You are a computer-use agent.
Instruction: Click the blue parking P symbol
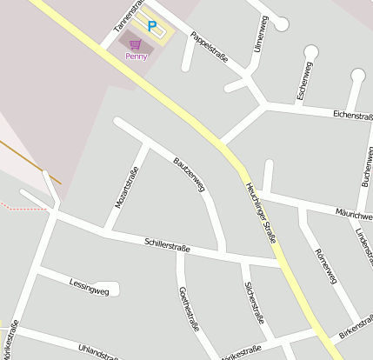click(152, 27)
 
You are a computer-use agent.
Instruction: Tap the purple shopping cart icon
click(135, 43)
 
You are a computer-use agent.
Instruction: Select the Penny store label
click(137, 57)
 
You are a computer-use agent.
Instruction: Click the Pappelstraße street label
click(210, 46)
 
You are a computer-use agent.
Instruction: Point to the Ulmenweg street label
click(257, 34)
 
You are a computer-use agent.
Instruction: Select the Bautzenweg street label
click(189, 175)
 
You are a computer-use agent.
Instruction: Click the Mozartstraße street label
click(127, 187)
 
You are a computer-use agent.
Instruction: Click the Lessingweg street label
click(88, 284)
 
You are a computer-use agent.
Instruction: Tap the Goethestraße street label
click(189, 309)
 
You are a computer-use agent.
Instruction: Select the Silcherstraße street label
click(253, 302)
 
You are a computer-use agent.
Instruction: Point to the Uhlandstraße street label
click(97, 352)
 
